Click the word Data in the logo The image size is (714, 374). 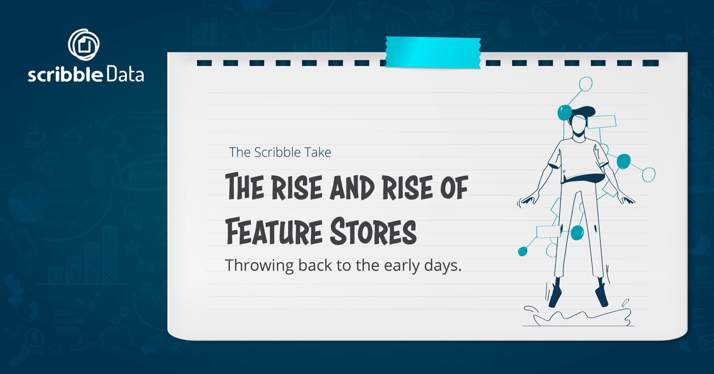click(123, 76)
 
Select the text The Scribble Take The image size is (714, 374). click(280, 152)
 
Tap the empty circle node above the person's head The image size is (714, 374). click(586, 84)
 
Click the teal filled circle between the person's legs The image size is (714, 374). click(577, 233)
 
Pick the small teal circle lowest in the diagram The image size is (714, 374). click(522, 251)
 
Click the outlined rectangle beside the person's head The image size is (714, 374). click(606, 121)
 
